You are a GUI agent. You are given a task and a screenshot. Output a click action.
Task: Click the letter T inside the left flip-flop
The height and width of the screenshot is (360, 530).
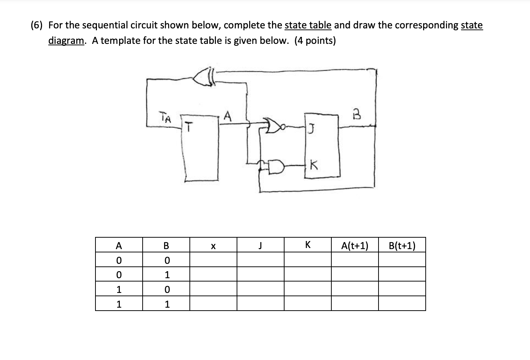pyautogui.click(x=188, y=127)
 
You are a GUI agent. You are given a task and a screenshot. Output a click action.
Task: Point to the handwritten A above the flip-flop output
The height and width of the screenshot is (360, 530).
pyautogui.click(x=228, y=117)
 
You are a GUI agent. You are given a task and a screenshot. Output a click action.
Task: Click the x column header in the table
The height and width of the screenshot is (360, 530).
pyautogui.click(x=213, y=245)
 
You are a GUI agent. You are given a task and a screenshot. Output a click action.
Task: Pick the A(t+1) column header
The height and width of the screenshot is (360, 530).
pyautogui.click(x=355, y=245)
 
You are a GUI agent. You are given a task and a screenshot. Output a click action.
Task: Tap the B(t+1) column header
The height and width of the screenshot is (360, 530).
pyautogui.click(x=402, y=245)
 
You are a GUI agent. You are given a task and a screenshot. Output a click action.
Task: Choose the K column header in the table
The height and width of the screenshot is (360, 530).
pyautogui.click(x=307, y=245)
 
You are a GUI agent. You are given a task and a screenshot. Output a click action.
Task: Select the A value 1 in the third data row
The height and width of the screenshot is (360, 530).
pyautogui.click(x=119, y=289)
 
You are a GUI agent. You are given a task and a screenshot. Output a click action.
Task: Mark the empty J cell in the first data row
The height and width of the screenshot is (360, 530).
pyautogui.click(x=260, y=260)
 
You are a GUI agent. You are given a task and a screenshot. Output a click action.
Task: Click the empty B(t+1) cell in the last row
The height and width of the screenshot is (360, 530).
pyautogui.click(x=402, y=304)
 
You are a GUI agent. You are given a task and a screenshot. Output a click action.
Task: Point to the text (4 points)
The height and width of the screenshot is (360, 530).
pyautogui.click(x=315, y=41)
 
